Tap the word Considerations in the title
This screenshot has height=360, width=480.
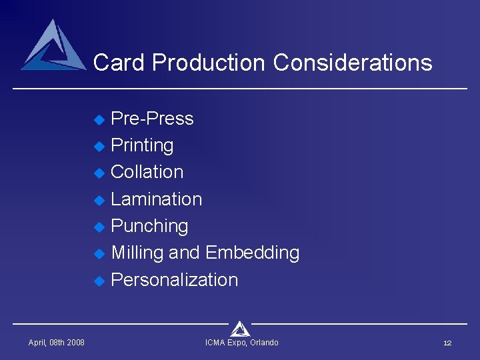pos(353,63)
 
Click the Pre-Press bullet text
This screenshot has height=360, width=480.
pos(152,119)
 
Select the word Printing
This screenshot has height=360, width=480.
pos(142,145)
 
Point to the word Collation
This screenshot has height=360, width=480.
pos(147,172)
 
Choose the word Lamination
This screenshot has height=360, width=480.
pos(156,199)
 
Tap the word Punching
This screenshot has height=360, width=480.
pos(149,226)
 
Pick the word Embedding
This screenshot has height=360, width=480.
pos(252,253)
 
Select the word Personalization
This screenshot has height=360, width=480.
pos(174,280)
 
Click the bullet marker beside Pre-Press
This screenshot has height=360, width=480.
pos(99,120)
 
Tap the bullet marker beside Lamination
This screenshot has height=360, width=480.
pos(99,200)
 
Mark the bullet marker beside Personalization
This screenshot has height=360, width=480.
pos(99,281)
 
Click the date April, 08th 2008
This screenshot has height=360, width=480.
pos(56,343)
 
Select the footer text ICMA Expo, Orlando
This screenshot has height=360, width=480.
pos(241,343)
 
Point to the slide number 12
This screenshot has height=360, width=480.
pos(447,343)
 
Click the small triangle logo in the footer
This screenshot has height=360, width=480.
pos(240,328)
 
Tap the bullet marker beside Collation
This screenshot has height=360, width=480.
pos(99,173)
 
